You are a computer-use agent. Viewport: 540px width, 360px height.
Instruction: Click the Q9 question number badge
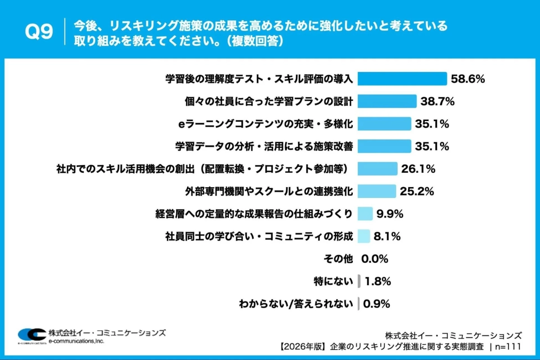tap(39, 31)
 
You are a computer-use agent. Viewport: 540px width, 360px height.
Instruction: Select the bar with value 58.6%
tap(402, 79)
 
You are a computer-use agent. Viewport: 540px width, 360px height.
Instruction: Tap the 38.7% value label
tap(437, 101)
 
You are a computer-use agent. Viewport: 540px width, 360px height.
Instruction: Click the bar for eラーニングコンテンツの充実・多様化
tap(384, 124)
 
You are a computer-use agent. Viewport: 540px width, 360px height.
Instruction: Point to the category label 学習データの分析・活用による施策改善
tap(264, 146)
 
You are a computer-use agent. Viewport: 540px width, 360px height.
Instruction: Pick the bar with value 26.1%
tap(378, 169)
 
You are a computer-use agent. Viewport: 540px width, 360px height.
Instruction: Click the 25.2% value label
tap(417, 191)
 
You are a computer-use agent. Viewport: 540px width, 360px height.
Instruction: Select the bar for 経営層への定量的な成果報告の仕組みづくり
tap(365, 214)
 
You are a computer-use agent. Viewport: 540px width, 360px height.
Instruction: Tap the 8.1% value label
tap(387, 236)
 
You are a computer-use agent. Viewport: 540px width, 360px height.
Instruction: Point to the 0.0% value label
tap(374, 259)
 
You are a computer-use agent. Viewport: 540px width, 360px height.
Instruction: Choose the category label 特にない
tap(333, 282)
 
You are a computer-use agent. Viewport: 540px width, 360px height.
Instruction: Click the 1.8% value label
tap(378, 282)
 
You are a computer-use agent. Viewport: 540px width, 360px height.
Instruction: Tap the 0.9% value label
tap(376, 304)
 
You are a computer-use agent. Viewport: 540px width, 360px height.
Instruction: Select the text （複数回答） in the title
tap(255, 40)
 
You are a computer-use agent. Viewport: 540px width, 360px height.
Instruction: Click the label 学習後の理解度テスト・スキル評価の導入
tap(259, 79)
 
